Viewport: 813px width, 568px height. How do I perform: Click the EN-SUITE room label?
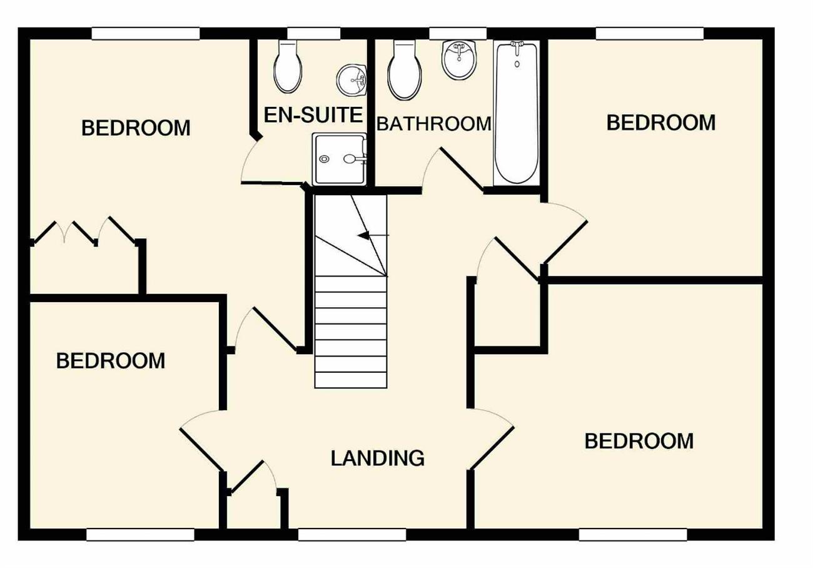pyautogui.click(x=313, y=114)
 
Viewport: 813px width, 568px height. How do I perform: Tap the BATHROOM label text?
pyautogui.click(x=434, y=123)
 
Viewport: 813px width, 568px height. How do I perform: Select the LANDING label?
pyautogui.click(x=378, y=458)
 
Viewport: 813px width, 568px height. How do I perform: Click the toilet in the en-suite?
pyautogui.click(x=288, y=66)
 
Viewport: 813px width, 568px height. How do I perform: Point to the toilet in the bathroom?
pyautogui.click(x=405, y=70)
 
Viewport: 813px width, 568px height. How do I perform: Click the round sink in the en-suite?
pyautogui.click(x=351, y=81)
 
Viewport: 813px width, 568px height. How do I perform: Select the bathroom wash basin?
pyautogui.click(x=459, y=60)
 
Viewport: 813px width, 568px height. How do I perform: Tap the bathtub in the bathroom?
pyautogui.click(x=517, y=113)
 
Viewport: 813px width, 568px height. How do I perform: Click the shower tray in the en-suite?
pyautogui.click(x=340, y=159)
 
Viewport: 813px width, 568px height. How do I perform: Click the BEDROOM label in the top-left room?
pyautogui.click(x=136, y=128)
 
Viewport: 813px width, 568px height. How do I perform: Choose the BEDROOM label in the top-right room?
pyautogui.click(x=661, y=123)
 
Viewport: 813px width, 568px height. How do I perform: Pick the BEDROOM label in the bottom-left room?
pyautogui.click(x=111, y=361)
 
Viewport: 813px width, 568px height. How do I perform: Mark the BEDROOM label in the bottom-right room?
pyautogui.click(x=639, y=441)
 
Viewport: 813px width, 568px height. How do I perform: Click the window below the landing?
pyautogui.click(x=351, y=535)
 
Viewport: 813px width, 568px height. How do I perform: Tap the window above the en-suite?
pyautogui.click(x=314, y=33)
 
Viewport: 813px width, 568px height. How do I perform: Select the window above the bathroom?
pyautogui.click(x=458, y=33)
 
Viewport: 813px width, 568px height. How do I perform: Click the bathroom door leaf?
pyautogui.click(x=462, y=169)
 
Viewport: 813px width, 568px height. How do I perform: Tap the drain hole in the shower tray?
pyautogui.click(x=324, y=159)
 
